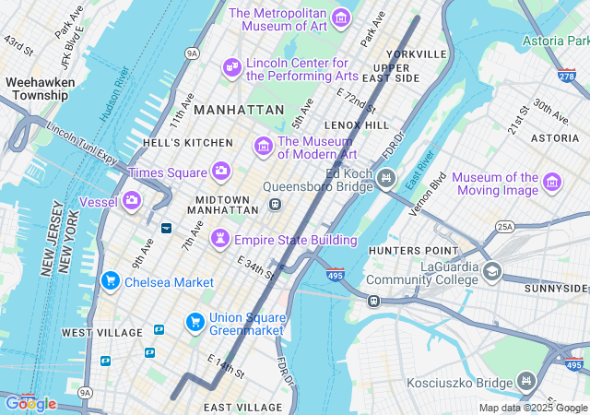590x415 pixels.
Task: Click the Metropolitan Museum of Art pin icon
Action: (341, 18)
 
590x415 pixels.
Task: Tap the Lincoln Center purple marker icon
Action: (231, 68)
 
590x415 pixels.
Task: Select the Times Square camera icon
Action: (220, 171)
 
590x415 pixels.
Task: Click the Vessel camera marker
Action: (132, 199)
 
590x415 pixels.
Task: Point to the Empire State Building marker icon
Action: (220, 239)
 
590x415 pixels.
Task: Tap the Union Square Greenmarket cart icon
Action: (195, 321)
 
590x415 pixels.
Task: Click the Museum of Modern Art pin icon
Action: (264, 146)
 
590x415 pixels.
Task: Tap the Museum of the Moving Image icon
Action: (552, 182)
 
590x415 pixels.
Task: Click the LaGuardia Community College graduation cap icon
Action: (492, 272)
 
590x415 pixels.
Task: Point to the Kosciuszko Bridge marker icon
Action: (525, 379)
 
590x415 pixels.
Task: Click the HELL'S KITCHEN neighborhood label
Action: (188, 143)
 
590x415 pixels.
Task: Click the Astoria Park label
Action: (555, 41)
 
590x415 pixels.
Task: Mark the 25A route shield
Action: (504, 226)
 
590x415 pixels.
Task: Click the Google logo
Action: (30, 403)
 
